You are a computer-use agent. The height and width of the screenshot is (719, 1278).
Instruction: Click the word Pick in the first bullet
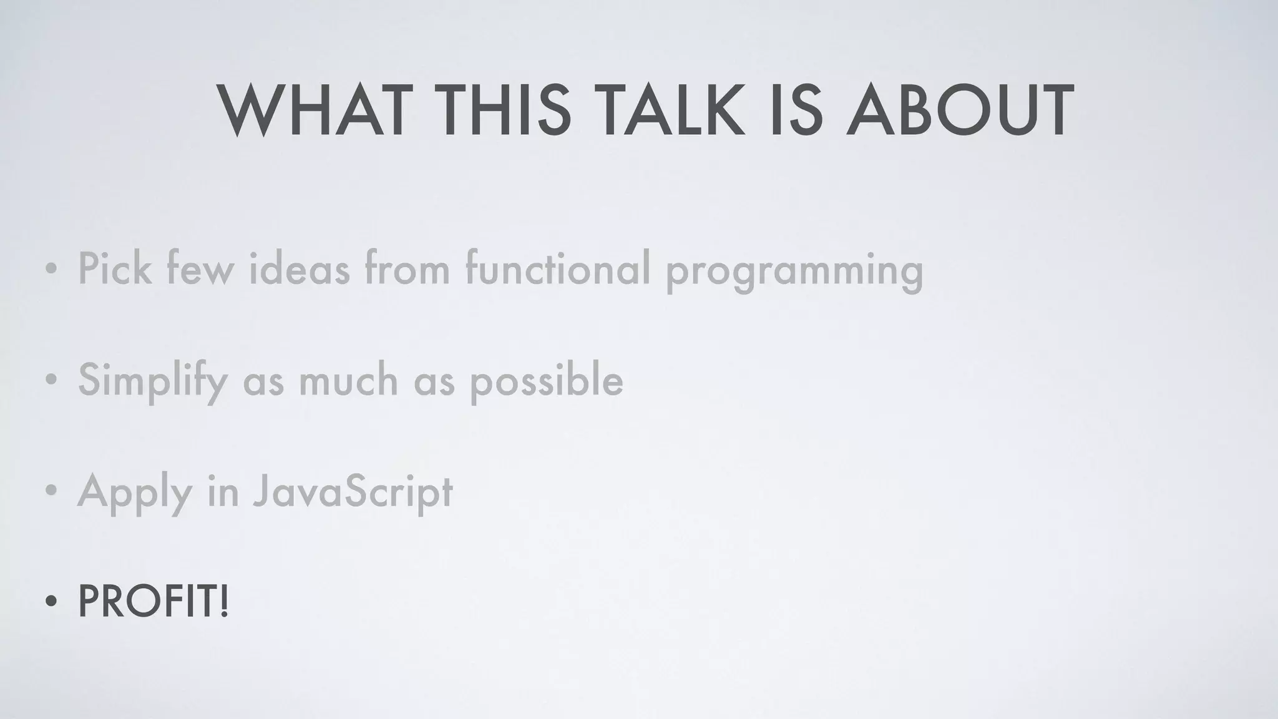(115, 268)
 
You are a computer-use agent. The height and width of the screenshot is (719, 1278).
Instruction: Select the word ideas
(299, 268)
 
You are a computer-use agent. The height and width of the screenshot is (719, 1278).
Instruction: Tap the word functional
(558, 268)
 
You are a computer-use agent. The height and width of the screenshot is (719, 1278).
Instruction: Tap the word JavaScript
(353, 492)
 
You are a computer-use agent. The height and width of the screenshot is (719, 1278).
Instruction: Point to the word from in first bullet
(407, 268)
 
